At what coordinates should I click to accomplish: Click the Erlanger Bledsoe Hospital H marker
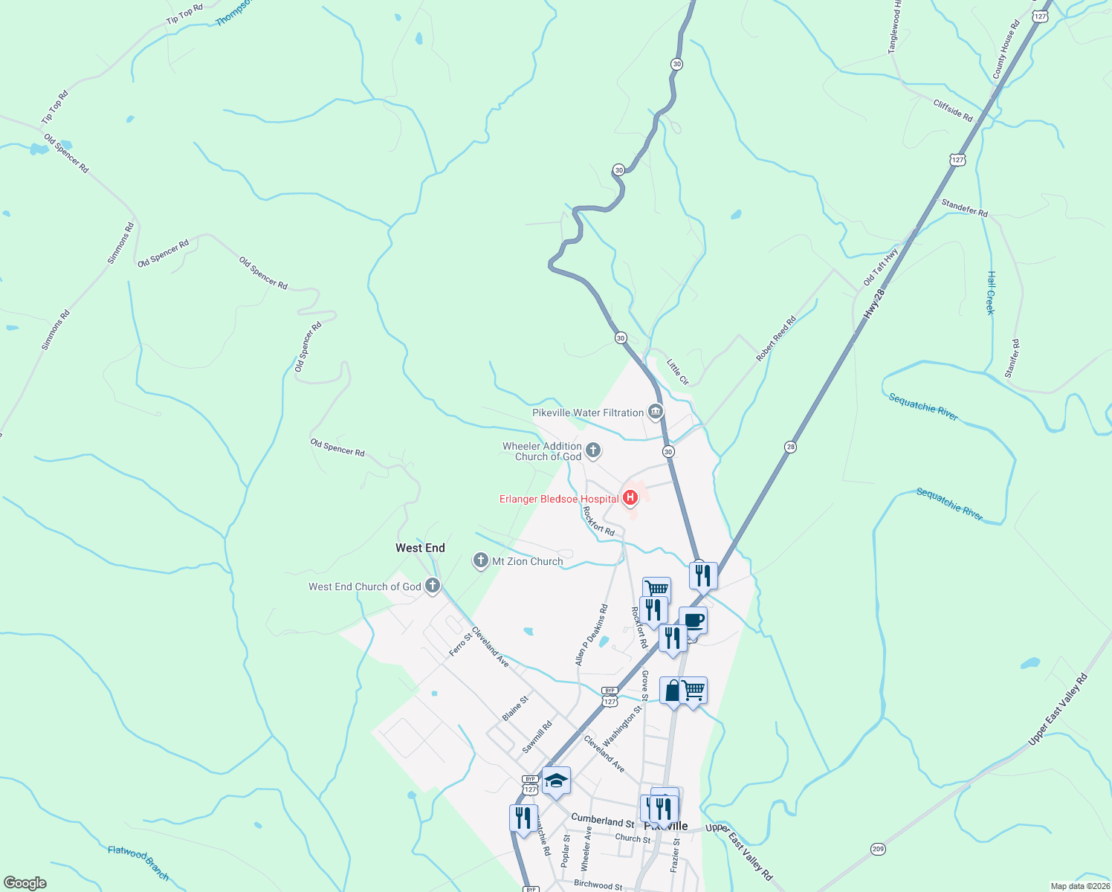pos(630,497)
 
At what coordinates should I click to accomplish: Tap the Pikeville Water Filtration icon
pos(655,412)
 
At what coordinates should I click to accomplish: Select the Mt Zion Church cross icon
pos(481,560)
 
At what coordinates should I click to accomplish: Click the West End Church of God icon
pos(432,586)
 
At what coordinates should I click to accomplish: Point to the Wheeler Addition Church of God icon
pos(593,450)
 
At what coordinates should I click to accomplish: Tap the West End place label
pos(420,548)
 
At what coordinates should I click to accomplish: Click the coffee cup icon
pos(694,621)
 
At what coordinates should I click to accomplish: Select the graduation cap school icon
pos(556,780)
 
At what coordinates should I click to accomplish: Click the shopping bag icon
pos(673,691)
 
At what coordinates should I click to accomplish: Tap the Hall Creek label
pos(990,292)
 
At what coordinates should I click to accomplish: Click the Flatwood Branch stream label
pos(138,862)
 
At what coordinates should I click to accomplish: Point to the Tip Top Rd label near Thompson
pos(184,14)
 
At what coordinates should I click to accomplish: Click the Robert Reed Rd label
pos(776,339)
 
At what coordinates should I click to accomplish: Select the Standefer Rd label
pos(964,208)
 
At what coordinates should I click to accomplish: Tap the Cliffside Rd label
pos(953,111)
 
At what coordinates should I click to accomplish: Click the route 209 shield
pos(879,849)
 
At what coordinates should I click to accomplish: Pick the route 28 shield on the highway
pos(790,447)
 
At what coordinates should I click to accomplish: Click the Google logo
pos(25,882)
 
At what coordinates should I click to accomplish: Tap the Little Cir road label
pos(678,372)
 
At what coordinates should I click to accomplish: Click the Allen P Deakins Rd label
pos(592,634)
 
